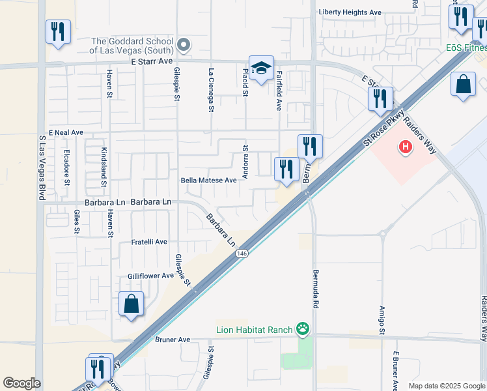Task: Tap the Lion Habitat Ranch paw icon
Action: point(302,329)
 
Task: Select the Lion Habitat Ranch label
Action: point(255,330)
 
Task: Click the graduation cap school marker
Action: point(261,68)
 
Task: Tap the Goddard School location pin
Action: point(184,45)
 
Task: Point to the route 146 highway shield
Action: point(242,253)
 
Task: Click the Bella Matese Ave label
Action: point(208,180)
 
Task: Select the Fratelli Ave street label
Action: point(150,242)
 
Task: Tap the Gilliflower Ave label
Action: point(150,276)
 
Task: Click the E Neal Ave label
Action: point(65,132)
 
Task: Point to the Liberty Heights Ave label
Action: point(350,12)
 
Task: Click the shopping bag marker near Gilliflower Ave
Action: point(132,304)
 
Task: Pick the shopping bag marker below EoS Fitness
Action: point(463,85)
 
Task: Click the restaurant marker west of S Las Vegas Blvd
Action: point(58,32)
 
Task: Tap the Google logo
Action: point(21,383)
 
